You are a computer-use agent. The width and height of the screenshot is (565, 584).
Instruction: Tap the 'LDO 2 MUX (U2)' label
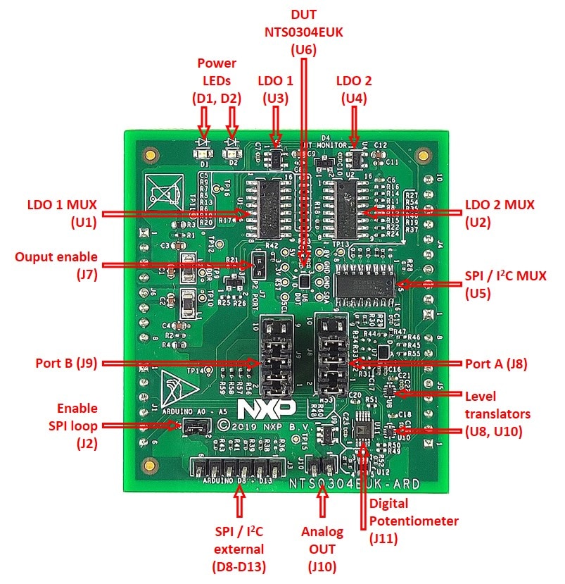500,213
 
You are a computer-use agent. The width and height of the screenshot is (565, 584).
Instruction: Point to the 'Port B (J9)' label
65,364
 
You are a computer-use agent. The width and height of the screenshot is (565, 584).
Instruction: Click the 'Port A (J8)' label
496,364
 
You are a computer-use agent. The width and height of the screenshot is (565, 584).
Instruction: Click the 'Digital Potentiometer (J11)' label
414,521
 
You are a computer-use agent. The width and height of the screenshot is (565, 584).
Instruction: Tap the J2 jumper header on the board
196,426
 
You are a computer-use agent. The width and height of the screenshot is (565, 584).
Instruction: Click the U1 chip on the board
269,207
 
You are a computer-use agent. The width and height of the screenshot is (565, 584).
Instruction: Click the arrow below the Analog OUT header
322,502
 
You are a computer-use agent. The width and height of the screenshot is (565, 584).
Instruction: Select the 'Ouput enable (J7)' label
56,266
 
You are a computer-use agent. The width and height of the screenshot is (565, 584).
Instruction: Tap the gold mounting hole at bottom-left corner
148,466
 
